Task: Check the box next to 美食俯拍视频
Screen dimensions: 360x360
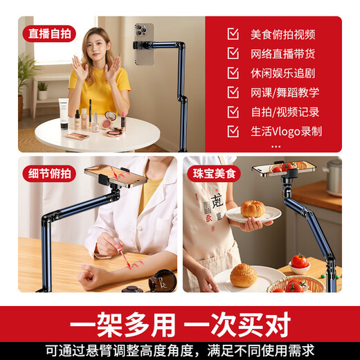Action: coord(233,34)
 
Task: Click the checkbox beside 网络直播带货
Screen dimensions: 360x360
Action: coord(233,53)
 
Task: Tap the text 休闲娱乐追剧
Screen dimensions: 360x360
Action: coord(282,73)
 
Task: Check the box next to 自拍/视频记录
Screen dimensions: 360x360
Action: coord(233,111)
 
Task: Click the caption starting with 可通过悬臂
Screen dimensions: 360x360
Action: coord(180,350)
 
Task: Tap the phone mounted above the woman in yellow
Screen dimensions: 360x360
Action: coord(143,44)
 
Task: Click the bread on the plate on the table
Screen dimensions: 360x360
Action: coord(243,275)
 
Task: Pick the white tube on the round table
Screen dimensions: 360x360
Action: coord(64,114)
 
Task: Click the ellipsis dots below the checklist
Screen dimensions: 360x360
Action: coord(277,145)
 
